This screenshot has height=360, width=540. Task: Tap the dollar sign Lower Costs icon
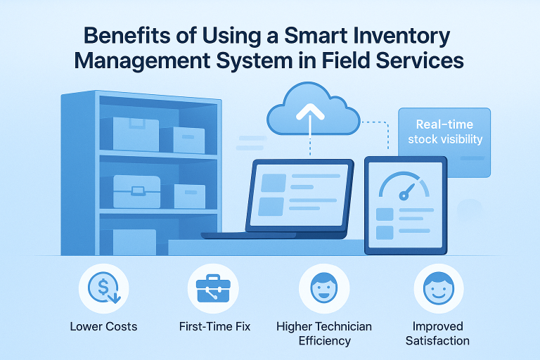tap(103, 288)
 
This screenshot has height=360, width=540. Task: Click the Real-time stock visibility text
tap(445, 131)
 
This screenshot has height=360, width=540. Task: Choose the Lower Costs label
tap(103, 326)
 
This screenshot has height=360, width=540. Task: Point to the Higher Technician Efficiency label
tap(324, 333)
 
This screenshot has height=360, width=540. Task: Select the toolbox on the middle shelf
tap(136, 191)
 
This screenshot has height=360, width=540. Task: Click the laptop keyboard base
tap(281, 236)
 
